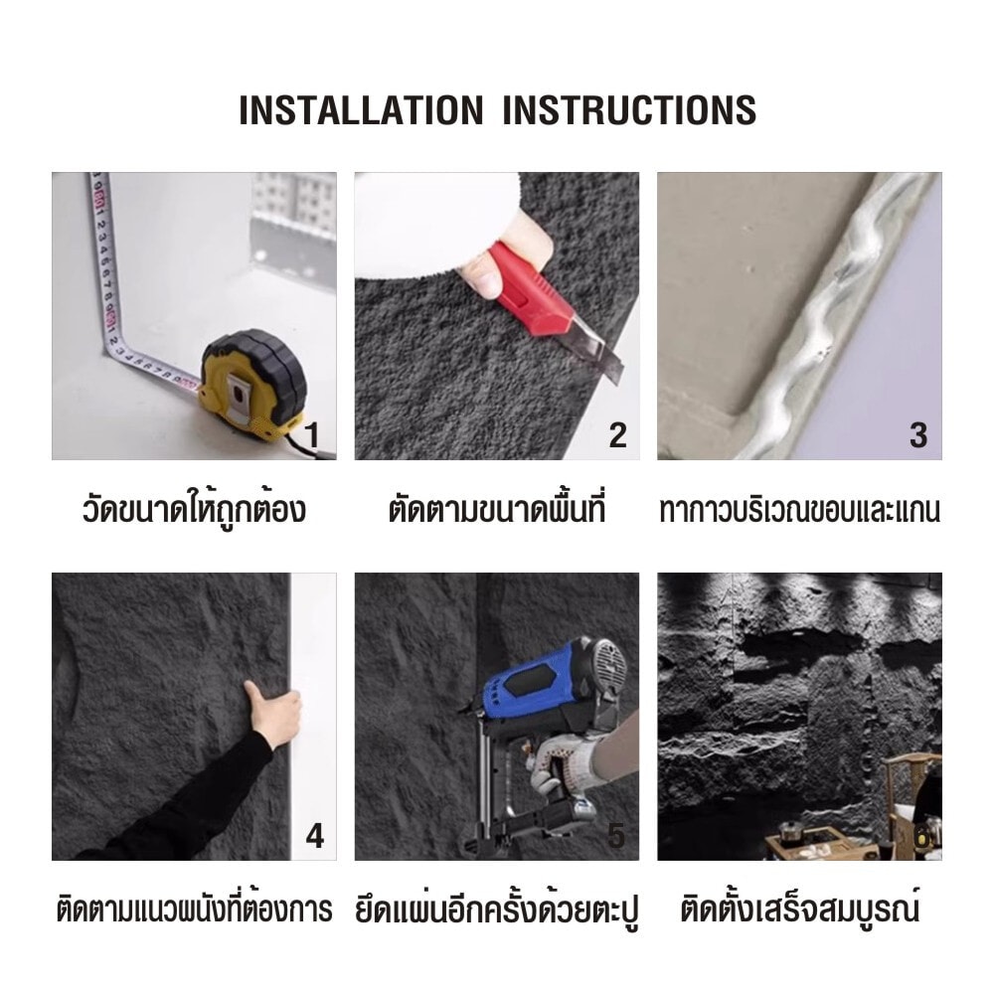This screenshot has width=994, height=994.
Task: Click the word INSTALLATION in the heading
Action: point(362,110)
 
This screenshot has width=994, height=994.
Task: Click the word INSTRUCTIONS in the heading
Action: point(629,110)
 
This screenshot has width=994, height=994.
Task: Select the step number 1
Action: point(311,435)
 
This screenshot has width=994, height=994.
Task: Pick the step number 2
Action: point(617,435)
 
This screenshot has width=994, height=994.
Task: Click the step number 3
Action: point(918,435)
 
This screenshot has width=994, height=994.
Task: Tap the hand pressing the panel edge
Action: point(272,714)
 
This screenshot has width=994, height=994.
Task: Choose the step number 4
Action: point(314,836)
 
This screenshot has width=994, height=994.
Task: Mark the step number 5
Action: point(616,836)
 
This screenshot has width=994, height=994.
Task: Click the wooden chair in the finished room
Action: point(911,799)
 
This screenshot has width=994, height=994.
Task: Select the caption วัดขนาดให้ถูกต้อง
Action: point(194,509)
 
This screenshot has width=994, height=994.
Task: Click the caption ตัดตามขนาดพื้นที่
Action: point(497,509)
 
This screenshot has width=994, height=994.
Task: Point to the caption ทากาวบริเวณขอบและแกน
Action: point(799,510)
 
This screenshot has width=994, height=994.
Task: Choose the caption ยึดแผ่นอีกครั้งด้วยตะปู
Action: point(497,910)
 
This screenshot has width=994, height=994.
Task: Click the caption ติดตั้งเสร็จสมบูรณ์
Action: point(800,909)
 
